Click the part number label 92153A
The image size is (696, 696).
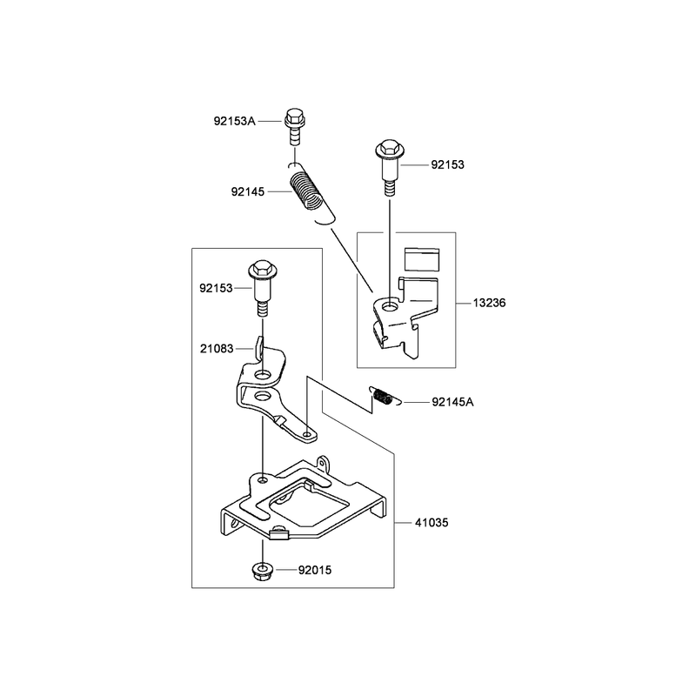(x=234, y=121)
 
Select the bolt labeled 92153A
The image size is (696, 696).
(x=294, y=126)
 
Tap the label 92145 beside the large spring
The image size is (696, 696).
(x=248, y=191)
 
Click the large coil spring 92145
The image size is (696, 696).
(x=311, y=193)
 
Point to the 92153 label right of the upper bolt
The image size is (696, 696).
(x=447, y=164)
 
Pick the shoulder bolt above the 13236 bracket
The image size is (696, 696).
(x=390, y=168)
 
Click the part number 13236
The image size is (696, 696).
(x=489, y=303)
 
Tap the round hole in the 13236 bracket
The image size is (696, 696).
(x=391, y=306)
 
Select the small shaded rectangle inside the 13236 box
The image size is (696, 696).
(x=422, y=259)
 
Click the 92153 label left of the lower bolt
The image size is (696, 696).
(x=216, y=289)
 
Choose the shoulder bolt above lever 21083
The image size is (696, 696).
(x=263, y=288)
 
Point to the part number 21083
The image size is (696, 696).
(x=217, y=349)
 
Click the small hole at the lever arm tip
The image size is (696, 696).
(x=307, y=433)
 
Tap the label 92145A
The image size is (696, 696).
(x=452, y=402)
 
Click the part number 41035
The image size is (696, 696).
(x=432, y=523)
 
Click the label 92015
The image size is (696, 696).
(x=315, y=570)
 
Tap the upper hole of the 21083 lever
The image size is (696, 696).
(x=263, y=377)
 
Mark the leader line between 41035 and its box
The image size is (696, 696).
(x=403, y=523)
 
